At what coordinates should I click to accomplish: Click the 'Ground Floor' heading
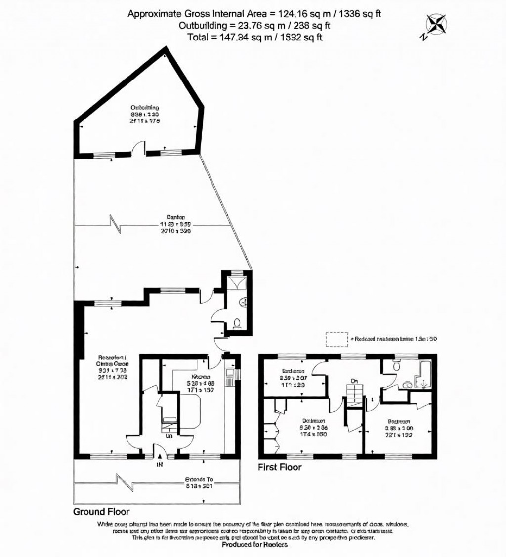click(101, 512)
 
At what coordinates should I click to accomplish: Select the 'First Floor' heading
click(280, 467)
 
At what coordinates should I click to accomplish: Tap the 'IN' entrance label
click(159, 465)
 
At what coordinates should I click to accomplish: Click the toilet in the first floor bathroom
click(395, 365)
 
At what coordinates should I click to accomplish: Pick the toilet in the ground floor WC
click(237, 323)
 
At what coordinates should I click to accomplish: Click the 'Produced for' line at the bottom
click(254, 544)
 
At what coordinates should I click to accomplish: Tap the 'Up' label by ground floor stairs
click(169, 437)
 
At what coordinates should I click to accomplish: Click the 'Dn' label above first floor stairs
click(354, 381)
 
